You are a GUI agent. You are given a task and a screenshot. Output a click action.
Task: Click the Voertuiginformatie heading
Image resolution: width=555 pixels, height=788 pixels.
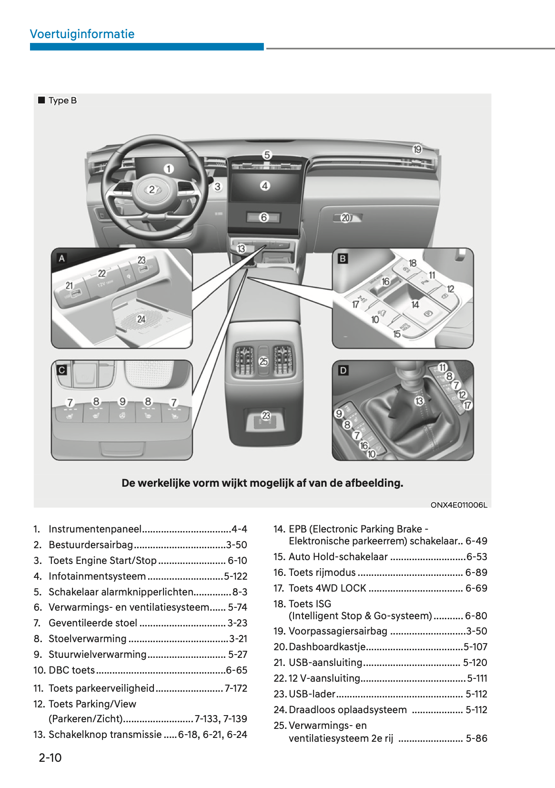(x=82, y=34)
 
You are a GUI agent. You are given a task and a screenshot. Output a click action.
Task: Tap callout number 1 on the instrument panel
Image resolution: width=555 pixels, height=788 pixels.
(x=169, y=169)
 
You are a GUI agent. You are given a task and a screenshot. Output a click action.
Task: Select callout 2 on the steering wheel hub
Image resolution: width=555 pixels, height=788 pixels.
(x=152, y=190)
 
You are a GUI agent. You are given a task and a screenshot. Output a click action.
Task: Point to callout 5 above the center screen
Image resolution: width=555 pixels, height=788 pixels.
(x=267, y=155)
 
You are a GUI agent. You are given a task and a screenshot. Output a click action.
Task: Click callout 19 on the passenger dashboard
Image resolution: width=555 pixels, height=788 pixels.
(x=417, y=150)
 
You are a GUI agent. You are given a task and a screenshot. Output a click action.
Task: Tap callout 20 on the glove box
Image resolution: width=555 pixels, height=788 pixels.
(x=346, y=218)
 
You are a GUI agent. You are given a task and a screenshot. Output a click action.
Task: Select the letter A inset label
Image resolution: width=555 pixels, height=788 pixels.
(x=62, y=258)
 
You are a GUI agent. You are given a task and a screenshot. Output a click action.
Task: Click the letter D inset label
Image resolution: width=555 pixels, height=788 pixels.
(x=343, y=370)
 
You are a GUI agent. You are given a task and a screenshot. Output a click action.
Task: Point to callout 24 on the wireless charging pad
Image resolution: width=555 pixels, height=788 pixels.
(x=141, y=319)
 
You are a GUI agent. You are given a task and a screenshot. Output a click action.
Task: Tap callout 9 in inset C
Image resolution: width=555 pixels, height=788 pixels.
(x=122, y=401)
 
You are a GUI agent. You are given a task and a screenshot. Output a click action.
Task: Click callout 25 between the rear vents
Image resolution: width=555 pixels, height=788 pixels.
(x=263, y=361)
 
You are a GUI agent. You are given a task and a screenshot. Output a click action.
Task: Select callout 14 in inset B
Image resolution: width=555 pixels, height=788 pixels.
(x=415, y=304)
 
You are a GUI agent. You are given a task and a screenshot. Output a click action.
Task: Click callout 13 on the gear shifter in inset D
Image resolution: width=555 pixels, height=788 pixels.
(x=419, y=401)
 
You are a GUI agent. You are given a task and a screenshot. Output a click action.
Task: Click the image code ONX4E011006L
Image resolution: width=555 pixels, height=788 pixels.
(x=459, y=505)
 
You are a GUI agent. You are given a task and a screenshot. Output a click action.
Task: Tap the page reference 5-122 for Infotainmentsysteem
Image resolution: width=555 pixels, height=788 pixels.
(x=236, y=576)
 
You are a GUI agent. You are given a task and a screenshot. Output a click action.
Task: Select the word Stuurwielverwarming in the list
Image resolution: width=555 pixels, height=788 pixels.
(x=97, y=655)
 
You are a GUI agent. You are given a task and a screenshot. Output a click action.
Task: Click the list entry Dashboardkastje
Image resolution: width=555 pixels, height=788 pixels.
(x=327, y=646)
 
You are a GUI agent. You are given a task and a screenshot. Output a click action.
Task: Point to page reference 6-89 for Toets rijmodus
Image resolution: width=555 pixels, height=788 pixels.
(x=476, y=573)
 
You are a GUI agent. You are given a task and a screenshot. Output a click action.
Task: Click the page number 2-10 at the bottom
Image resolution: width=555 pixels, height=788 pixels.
(x=50, y=757)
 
